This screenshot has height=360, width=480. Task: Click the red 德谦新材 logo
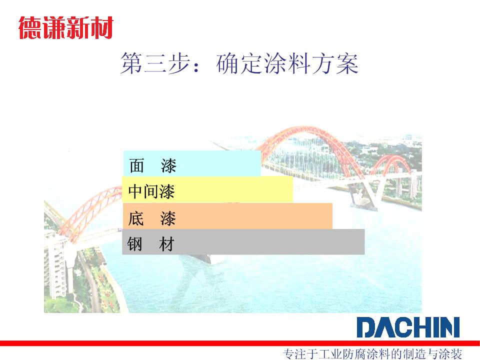pos(66,28)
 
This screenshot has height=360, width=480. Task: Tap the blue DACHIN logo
pos(408,327)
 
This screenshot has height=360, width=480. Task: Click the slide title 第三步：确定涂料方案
pos(239,63)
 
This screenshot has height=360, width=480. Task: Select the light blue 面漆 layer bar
pos(192,163)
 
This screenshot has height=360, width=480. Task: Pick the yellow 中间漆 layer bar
pos(207,189)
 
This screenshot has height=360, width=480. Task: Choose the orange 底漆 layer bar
pos(227,216)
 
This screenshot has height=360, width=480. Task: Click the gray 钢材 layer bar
pos(243,242)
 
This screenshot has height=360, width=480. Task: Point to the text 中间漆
pos(151,191)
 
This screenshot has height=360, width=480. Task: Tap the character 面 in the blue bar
pos(136,165)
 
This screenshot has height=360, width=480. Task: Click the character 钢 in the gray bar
pos(134,244)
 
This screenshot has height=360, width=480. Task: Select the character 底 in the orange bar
pos(136,218)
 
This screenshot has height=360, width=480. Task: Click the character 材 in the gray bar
pos(167,244)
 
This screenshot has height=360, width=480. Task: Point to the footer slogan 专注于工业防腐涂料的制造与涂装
pos(372,354)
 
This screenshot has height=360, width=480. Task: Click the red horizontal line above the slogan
pos(240,343)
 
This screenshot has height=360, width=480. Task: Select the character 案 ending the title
pos(347,63)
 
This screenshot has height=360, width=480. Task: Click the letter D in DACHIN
pos(366,327)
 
